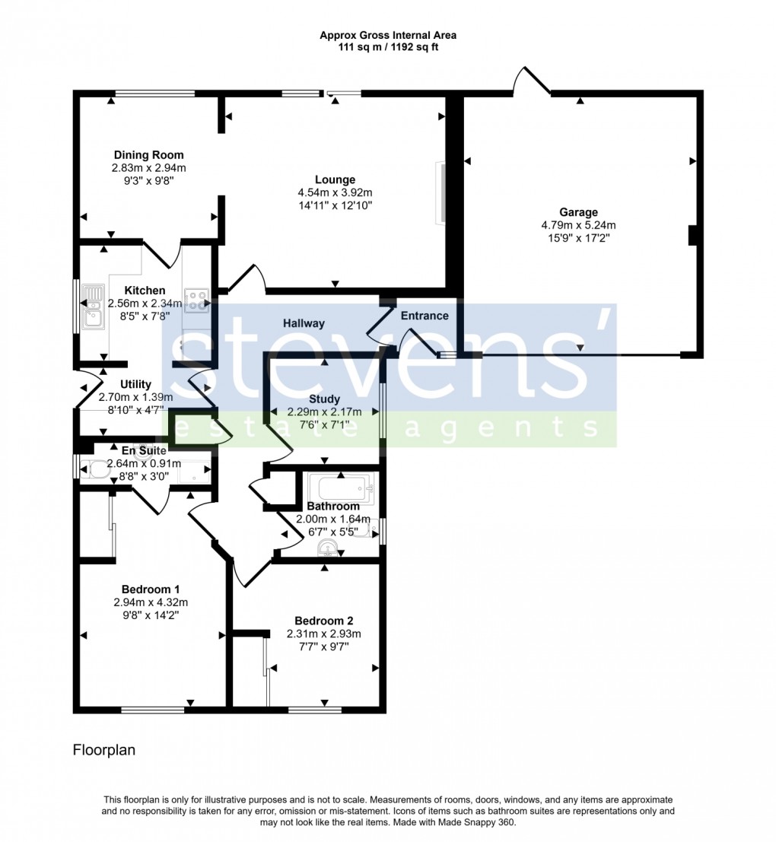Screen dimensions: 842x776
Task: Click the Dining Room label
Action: click(148, 155)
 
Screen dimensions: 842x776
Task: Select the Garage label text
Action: click(578, 213)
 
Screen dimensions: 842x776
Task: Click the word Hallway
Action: click(304, 323)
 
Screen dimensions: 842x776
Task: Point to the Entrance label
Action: click(425, 316)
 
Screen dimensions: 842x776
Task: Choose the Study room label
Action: click(324, 399)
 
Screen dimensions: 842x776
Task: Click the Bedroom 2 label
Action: click(323, 621)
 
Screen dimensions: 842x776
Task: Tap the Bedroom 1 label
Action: click(151, 589)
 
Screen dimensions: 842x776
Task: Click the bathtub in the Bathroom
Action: click(338, 486)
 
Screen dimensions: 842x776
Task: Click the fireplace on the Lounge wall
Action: click(439, 193)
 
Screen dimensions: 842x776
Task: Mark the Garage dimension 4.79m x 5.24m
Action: click(578, 225)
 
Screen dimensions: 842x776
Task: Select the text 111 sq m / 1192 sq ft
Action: click(388, 47)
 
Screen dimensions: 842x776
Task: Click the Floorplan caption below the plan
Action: click(103, 750)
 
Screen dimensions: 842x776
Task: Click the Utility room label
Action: click(135, 385)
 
